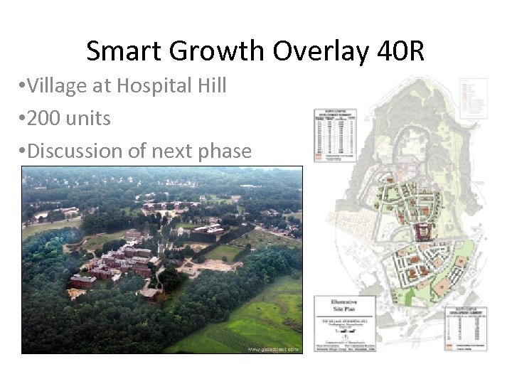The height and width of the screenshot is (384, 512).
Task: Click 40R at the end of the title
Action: point(397,51)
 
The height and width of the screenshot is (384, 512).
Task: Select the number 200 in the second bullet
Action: point(45,118)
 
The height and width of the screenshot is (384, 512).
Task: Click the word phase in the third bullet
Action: point(223,151)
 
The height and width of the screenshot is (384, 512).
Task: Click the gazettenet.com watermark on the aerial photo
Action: point(273,349)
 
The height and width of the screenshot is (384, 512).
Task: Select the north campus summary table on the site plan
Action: point(335,135)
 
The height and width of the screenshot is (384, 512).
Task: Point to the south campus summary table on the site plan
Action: point(467,329)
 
